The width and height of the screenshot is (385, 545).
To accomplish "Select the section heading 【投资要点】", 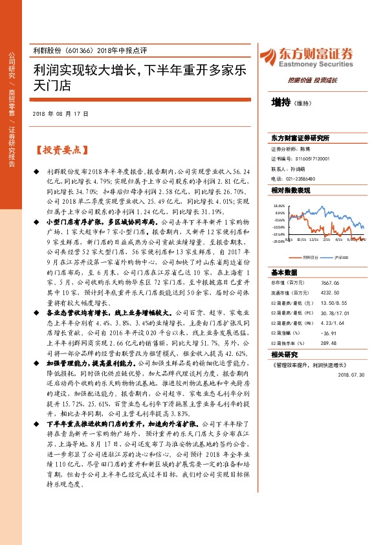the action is (x=60, y=150).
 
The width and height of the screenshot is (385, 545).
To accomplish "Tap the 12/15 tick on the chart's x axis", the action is (x=314, y=239).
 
